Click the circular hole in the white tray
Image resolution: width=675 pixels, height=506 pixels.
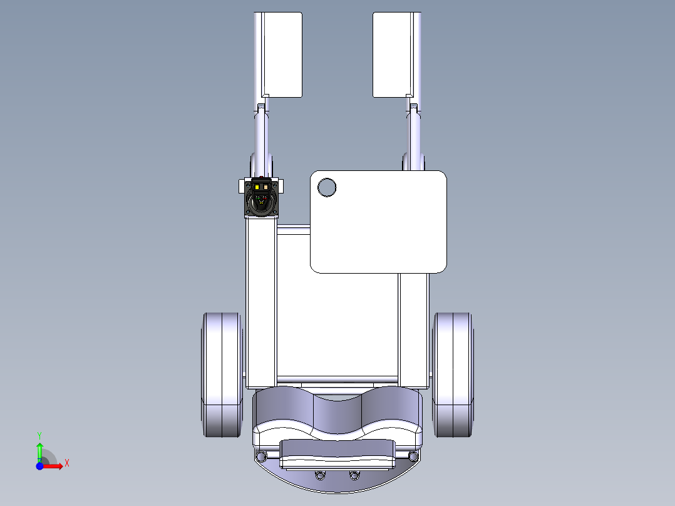(327, 187)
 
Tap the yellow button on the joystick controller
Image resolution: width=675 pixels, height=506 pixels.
(259, 186)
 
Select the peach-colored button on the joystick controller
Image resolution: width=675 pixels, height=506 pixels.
(267, 186)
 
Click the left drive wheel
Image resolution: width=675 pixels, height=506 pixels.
(221, 374)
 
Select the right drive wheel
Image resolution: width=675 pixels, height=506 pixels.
(453, 374)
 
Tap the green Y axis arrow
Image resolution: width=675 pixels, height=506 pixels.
(39, 450)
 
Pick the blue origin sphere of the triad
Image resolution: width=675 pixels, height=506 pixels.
(39, 467)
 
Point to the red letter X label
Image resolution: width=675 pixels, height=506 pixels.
(67, 463)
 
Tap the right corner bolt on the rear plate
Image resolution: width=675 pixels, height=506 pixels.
(413, 455)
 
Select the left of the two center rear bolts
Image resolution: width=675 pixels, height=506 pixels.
(321, 475)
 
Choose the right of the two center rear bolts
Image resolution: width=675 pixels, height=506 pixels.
(354, 475)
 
